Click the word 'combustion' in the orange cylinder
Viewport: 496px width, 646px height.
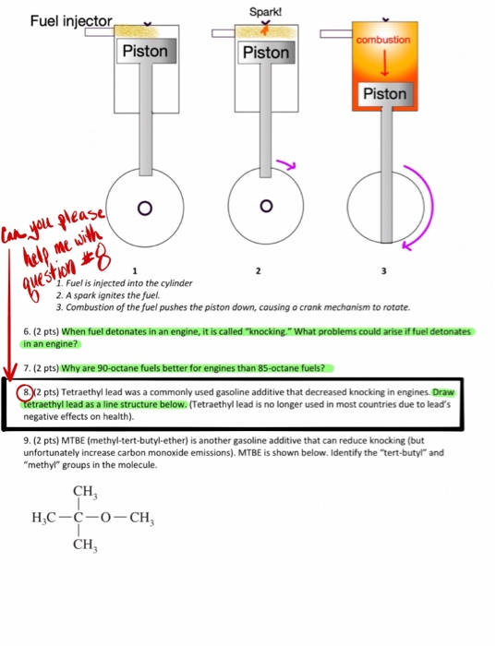[382, 41]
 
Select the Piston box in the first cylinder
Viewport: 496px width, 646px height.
[146, 52]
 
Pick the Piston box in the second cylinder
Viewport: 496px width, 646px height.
[266, 54]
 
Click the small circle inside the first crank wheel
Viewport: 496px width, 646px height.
[145, 208]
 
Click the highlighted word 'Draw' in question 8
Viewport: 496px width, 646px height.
[447, 392]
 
